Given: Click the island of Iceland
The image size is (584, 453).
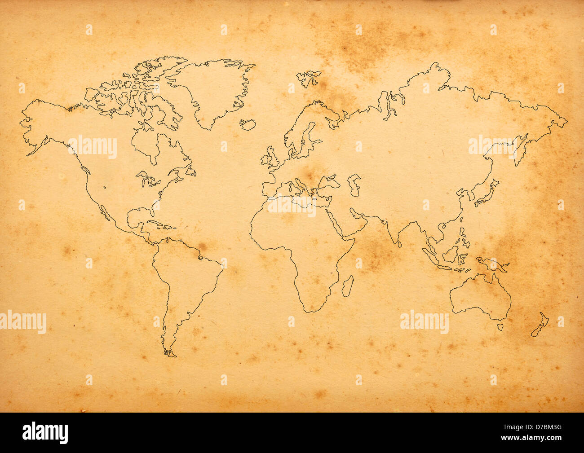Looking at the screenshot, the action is [x=247, y=124].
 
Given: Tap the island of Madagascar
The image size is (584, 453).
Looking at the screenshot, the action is [x=347, y=286].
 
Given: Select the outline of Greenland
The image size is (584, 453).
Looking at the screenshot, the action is [x=216, y=90].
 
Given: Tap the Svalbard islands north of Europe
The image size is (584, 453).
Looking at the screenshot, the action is [x=309, y=77].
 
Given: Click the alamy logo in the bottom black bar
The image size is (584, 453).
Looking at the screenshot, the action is [x=45, y=433].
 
